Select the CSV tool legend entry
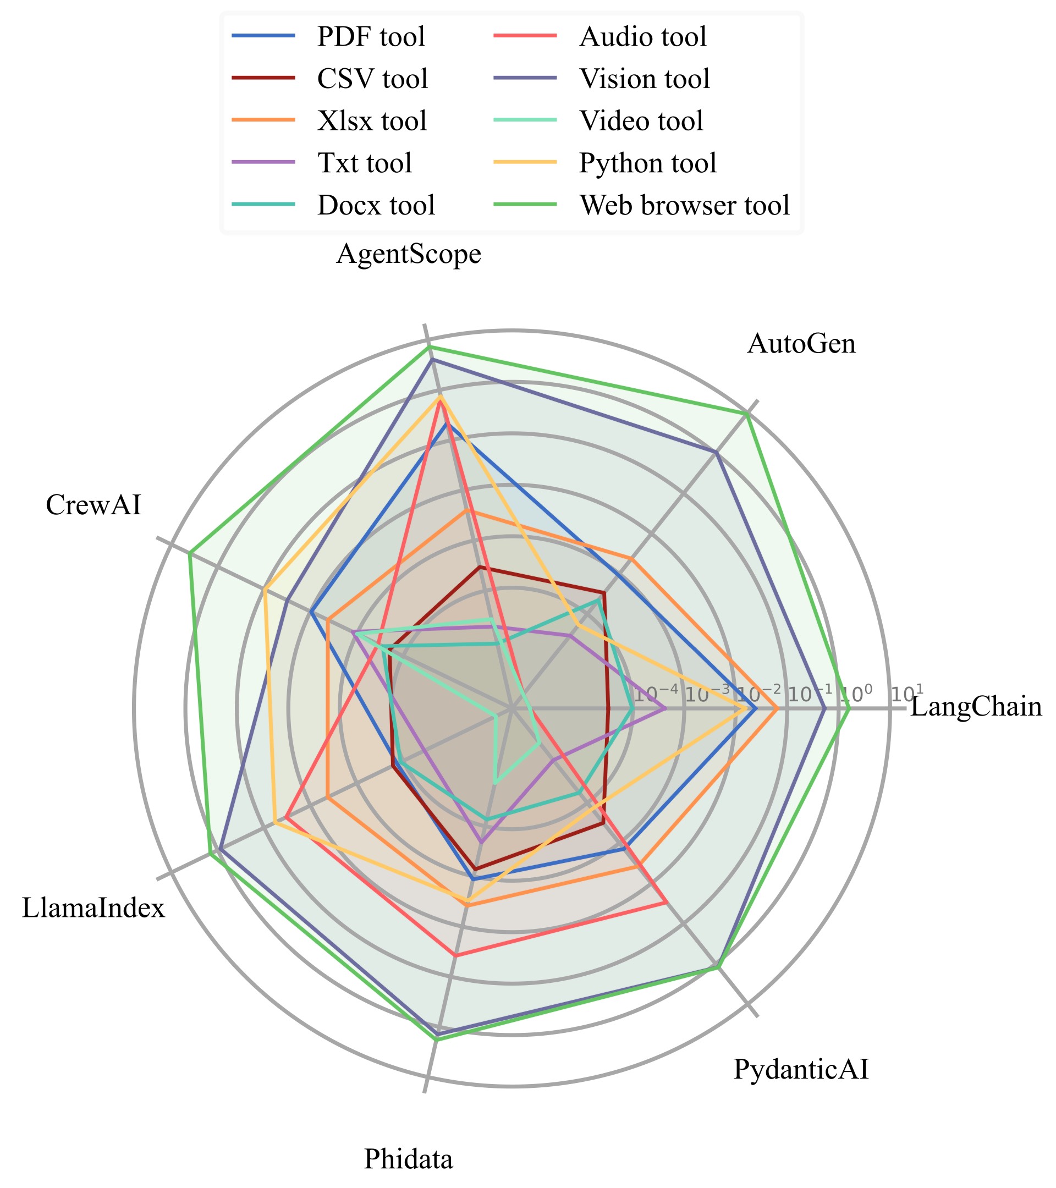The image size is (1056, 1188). pos(372,79)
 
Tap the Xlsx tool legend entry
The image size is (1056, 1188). pos(372,121)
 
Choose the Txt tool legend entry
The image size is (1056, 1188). pos(365,163)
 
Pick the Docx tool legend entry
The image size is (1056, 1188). pos(376,205)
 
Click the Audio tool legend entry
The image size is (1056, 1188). pos(643,37)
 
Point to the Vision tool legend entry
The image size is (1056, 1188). pos(645,79)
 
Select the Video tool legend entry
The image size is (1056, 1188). pos(641,121)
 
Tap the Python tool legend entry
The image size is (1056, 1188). pos(647,163)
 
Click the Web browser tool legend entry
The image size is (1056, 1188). pos(684,205)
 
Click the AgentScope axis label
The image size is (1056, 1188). pos(409,254)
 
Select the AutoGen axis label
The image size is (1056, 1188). pos(801,344)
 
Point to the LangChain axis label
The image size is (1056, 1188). pos(976,707)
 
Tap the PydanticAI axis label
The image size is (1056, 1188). pos(801,1069)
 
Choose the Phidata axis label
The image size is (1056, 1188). pos(409,1158)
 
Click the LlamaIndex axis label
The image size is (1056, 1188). pos(94,908)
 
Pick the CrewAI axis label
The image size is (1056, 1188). pos(94,505)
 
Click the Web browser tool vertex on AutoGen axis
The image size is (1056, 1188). pos(747,413)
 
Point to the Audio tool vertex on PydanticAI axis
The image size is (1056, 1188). pos(665,903)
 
